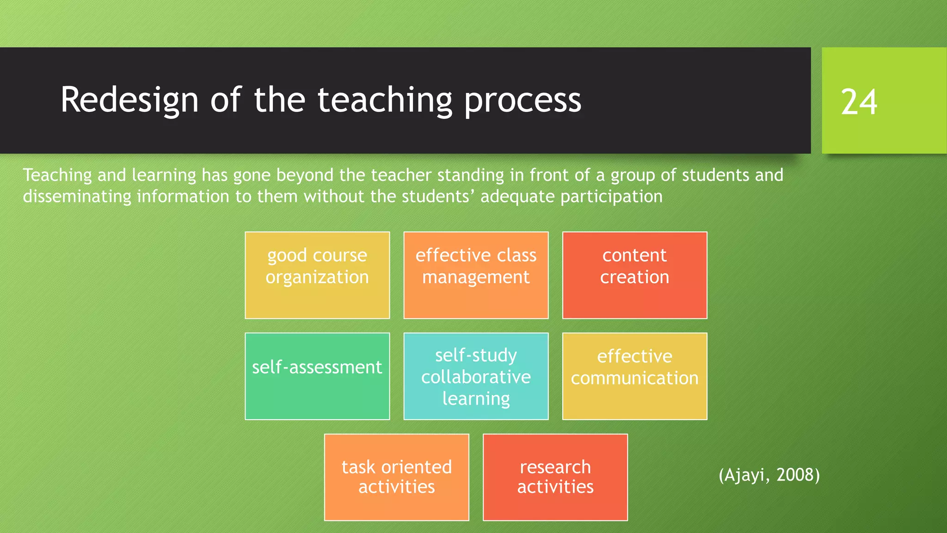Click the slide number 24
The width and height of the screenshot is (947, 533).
[x=859, y=102]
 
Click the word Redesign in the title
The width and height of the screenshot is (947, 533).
[x=129, y=100]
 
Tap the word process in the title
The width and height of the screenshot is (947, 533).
[x=523, y=100]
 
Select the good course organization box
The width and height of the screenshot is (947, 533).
[x=317, y=275]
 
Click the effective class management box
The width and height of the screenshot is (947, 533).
[x=476, y=275]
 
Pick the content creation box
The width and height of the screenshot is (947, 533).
[x=634, y=275]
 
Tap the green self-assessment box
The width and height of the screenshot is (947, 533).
[x=317, y=376]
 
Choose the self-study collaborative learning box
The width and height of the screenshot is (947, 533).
[x=476, y=376]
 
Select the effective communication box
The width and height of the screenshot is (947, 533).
[x=634, y=376]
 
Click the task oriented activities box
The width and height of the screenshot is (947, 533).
[x=396, y=477]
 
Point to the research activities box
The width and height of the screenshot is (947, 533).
[x=555, y=477]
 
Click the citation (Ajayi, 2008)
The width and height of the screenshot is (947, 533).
[x=769, y=475]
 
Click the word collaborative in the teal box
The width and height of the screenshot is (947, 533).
[x=476, y=377]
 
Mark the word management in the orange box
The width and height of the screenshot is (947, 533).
[x=476, y=277]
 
